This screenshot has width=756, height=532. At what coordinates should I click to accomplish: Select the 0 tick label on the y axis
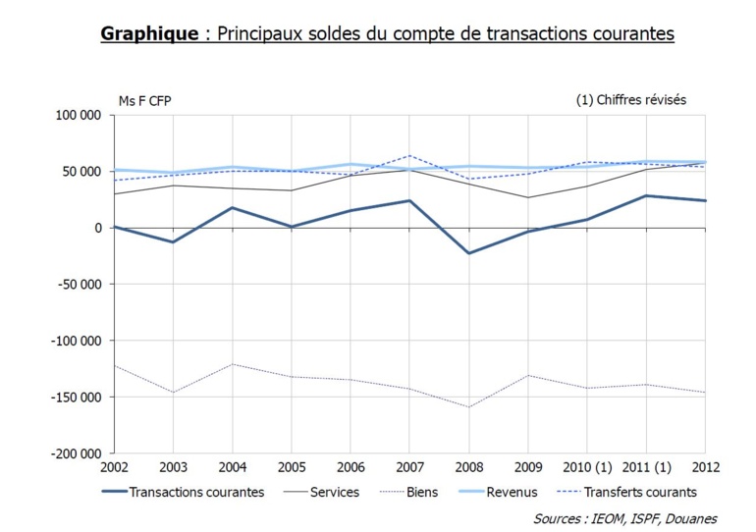pyautogui.click(x=98, y=229)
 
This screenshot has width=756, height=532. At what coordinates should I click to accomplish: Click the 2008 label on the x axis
pyautogui.click(x=469, y=466)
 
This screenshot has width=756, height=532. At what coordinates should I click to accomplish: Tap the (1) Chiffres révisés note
pyautogui.click(x=631, y=100)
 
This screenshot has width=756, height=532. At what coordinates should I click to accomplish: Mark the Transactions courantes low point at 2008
pyautogui.click(x=469, y=253)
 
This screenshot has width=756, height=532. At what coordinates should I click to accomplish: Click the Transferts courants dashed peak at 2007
pyautogui.click(x=410, y=155)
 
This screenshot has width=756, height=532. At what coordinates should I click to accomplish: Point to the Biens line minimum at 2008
pyautogui.click(x=469, y=407)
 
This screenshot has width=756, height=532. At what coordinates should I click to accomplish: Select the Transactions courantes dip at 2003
pyautogui.click(x=173, y=241)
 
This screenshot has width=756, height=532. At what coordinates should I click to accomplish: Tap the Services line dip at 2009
pyautogui.click(x=529, y=197)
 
